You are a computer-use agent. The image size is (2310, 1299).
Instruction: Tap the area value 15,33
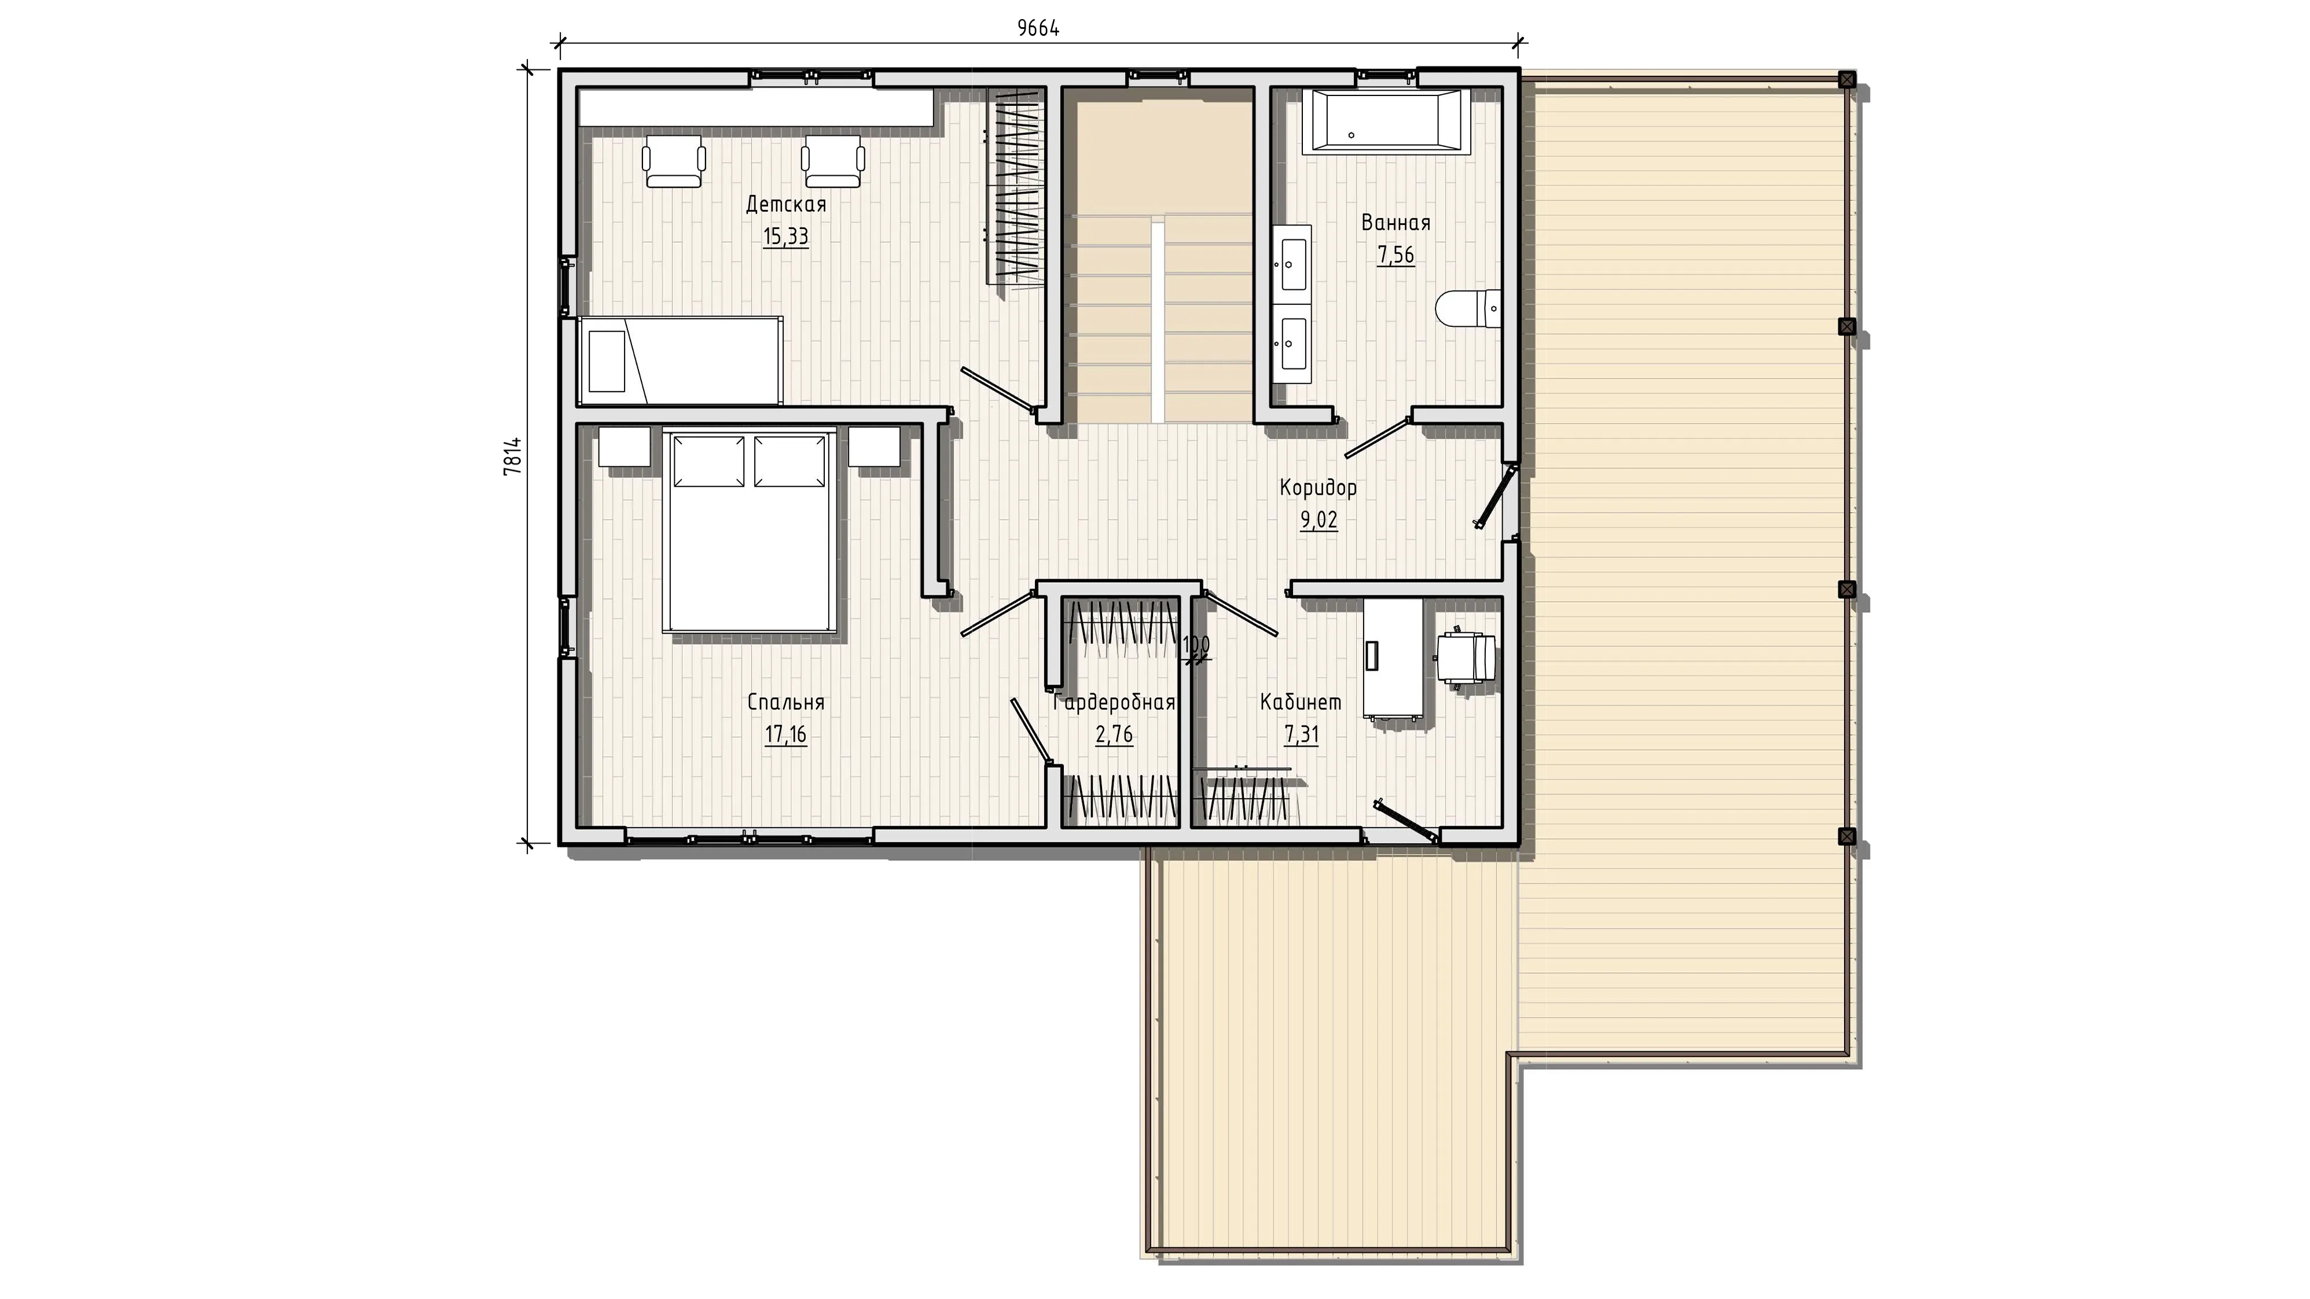point(785,237)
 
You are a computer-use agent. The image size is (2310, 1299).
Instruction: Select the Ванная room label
point(1395,222)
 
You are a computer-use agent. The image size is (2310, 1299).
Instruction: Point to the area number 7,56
point(1395,256)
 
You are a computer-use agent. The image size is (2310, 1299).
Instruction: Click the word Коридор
point(1318,488)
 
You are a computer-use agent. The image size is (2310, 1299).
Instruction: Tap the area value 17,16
point(785,735)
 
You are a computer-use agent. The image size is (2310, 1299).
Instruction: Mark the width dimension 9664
point(1038,29)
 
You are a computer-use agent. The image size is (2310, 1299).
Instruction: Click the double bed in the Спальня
point(750,532)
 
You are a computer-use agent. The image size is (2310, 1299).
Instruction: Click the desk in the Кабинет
point(1393,658)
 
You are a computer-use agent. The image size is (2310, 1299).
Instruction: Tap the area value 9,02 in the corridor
point(1318,521)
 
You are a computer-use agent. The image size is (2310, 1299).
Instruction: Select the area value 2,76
point(1114,735)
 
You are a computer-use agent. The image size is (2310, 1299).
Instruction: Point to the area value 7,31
point(1301,735)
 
